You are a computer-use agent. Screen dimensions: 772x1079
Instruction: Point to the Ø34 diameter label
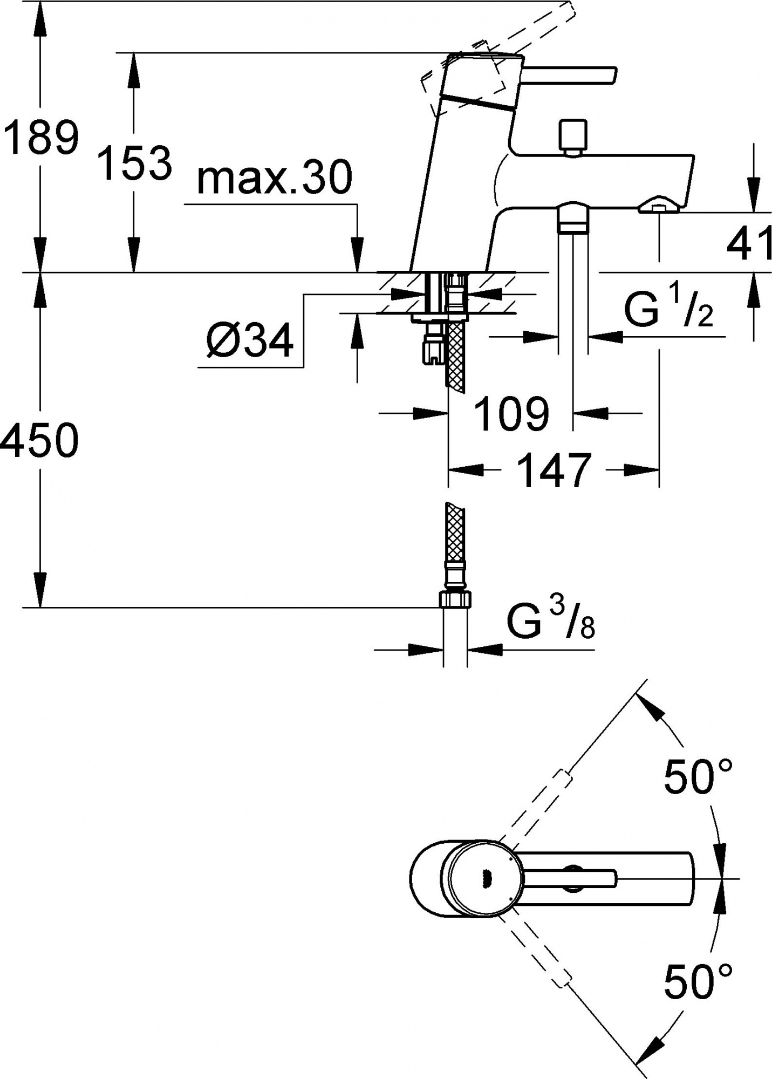click(x=249, y=341)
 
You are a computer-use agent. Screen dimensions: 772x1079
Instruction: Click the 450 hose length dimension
click(x=39, y=441)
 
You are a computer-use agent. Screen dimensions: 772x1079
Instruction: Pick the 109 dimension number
click(x=511, y=414)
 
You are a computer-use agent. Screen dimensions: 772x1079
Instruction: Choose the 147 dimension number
click(x=554, y=470)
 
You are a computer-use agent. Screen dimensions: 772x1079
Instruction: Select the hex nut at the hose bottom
click(x=455, y=599)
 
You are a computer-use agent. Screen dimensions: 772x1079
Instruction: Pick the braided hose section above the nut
click(x=455, y=531)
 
